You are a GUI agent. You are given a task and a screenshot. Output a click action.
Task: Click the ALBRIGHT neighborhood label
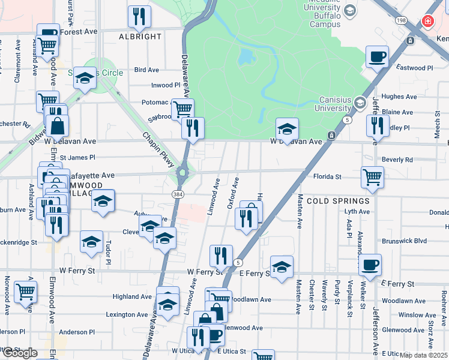(140, 37)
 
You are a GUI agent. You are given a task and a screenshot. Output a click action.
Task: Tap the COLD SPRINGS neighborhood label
(339, 201)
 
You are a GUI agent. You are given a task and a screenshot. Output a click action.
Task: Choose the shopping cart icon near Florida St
(372, 177)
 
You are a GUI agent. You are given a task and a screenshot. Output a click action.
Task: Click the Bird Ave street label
(146, 70)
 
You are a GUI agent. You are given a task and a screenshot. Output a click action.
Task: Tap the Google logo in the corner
(19, 353)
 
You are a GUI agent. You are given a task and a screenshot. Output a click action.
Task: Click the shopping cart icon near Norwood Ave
(25, 292)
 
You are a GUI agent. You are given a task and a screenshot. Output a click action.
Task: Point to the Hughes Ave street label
(399, 97)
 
